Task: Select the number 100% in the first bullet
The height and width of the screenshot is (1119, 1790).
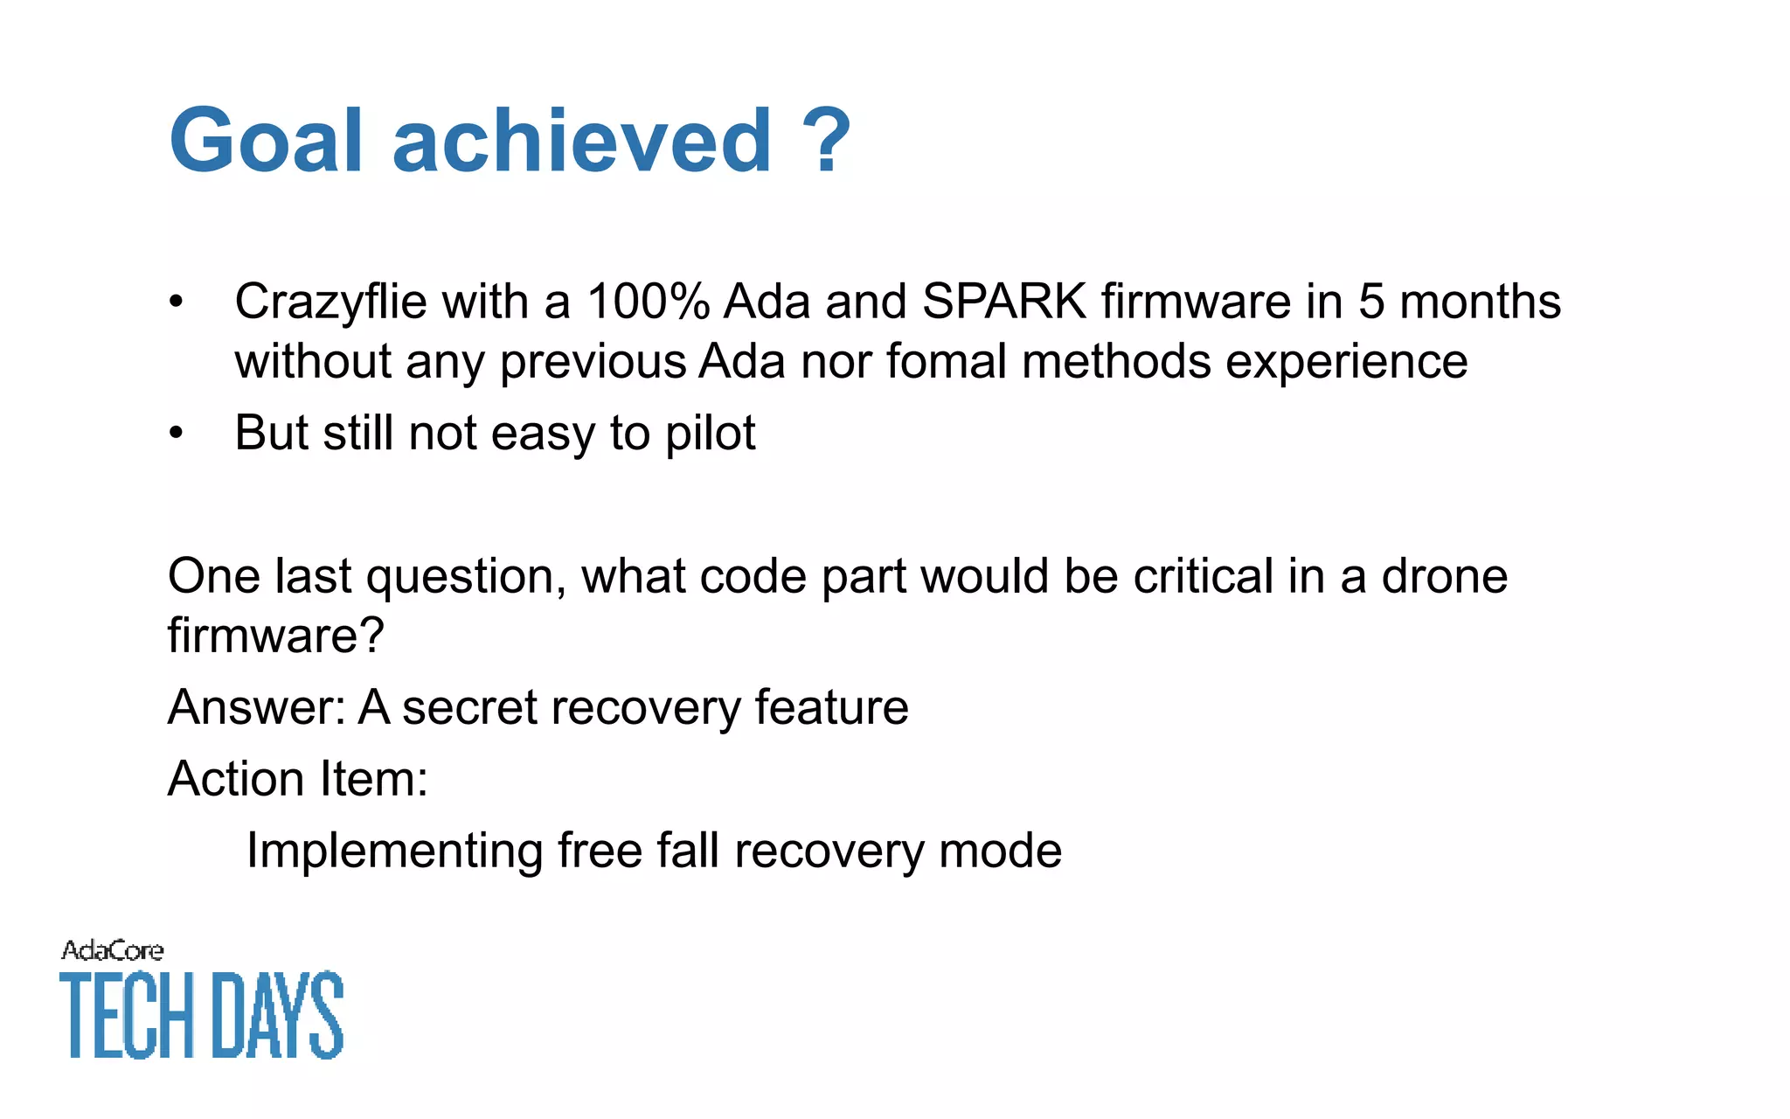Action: click(x=648, y=302)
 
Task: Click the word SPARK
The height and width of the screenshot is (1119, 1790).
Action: click(x=1004, y=302)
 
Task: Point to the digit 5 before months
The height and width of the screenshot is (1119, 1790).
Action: click(x=1371, y=302)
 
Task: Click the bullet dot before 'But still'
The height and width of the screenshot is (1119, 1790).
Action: click(x=177, y=434)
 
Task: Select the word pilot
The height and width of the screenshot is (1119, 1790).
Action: click(x=710, y=434)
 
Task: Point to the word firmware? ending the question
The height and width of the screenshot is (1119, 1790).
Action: click(x=275, y=636)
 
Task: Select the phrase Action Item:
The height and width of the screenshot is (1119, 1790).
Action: click(x=297, y=779)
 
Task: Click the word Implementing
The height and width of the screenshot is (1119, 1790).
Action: click(x=394, y=851)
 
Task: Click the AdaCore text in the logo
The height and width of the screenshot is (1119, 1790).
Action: click(x=112, y=950)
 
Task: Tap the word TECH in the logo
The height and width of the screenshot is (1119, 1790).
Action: click(x=127, y=1015)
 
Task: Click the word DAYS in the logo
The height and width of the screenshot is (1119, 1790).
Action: click(x=278, y=1015)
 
